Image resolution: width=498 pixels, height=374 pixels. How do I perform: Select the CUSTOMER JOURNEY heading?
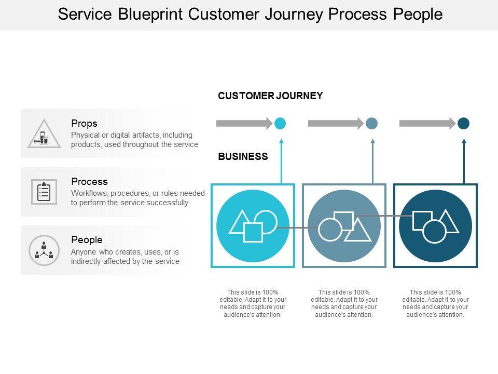click(x=270, y=96)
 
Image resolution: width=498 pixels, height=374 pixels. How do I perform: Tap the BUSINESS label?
click(x=243, y=156)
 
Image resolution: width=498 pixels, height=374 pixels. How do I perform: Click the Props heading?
click(x=84, y=124)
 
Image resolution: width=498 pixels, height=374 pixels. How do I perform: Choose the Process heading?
click(x=89, y=182)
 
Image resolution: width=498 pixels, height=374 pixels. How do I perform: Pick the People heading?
click(x=87, y=240)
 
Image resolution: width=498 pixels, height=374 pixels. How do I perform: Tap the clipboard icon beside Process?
click(x=44, y=192)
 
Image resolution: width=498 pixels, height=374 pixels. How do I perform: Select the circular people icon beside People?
click(x=44, y=250)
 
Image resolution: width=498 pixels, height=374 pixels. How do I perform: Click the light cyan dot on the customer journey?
click(x=280, y=123)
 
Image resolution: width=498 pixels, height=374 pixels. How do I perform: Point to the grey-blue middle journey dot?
click(x=371, y=123)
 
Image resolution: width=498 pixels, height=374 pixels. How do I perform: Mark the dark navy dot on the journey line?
click(x=463, y=123)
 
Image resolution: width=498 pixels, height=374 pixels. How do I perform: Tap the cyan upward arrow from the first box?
click(x=282, y=161)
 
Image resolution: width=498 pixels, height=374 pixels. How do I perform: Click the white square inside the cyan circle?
click(x=253, y=232)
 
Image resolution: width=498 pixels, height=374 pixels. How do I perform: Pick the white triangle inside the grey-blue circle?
click(x=358, y=231)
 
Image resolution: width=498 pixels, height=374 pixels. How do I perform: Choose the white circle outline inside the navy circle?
click(x=435, y=232)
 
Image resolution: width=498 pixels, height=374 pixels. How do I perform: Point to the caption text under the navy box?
click(x=436, y=303)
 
